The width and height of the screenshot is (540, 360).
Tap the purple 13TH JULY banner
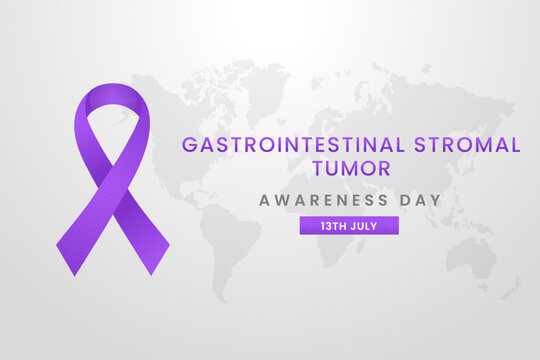[350, 226]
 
